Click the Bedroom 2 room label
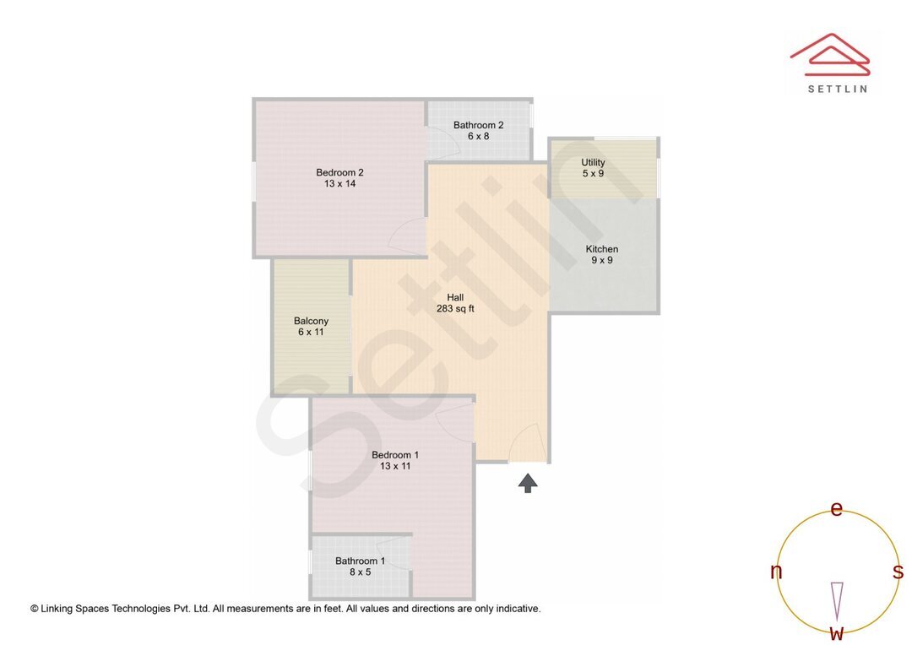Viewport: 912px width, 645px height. pos(339,172)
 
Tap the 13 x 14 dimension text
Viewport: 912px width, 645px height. pos(339,184)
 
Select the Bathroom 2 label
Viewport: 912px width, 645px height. pos(478,125)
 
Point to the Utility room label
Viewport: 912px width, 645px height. pos(593,162)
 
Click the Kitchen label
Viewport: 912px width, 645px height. pos(602,249)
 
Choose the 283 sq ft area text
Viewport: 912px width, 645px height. pos(455,309)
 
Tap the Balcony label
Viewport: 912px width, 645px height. pos(311,321)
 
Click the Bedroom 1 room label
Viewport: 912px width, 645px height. pos(395,455)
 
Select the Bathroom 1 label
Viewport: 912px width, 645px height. pos(360,561)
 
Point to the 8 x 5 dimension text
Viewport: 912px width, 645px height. pos(360,572)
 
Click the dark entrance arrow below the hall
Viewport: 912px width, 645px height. pos(528,482)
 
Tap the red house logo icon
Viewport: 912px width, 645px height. pos(829,53)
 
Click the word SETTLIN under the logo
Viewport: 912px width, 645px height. pos(837,89)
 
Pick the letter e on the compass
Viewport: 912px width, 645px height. pos(837,508)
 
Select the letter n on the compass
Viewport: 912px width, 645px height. pos(776,572)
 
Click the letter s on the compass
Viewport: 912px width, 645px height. pos(898,572)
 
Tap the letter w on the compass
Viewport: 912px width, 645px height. pos(836,632)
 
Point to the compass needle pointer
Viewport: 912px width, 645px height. pos(837,600)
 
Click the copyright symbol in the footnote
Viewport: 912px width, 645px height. pos(35,609)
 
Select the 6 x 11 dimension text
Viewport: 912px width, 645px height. pos(311,333)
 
